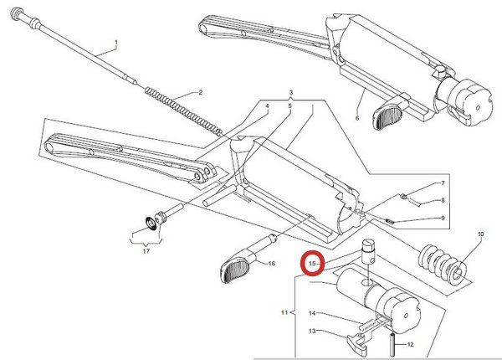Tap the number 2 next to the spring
[x=200, y=93]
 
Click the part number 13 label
[x=312, y=331]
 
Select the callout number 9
[x=443, y=218]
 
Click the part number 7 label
[x=443, y=183]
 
